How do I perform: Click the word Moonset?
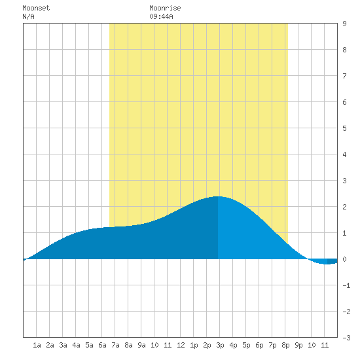tap(36, 8)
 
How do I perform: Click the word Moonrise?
tap(165, 8)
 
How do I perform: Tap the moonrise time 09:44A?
tap(161, 16)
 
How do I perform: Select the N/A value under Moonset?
tap(28, 16)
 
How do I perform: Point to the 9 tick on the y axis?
tap(344, 24)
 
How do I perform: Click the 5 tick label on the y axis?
tap(344, 128)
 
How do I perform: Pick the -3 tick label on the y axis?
tap(346, 338)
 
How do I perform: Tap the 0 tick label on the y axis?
tap(344, 259)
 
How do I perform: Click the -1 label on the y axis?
tap(346, 285)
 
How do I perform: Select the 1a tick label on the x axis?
tap(37, 345)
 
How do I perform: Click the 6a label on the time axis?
tap(102, 345)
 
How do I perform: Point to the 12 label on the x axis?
tap(181, 345)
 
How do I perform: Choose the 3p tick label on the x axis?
tap(220, 345)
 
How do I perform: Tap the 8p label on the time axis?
tap(285, 345)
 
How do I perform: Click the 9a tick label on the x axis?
tap(141, 345)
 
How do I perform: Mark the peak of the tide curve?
tap(217, 196)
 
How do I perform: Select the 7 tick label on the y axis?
tap(344, 76)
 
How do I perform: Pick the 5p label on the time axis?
tap(246, 345)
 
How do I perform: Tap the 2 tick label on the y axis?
tap(344, 207)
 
